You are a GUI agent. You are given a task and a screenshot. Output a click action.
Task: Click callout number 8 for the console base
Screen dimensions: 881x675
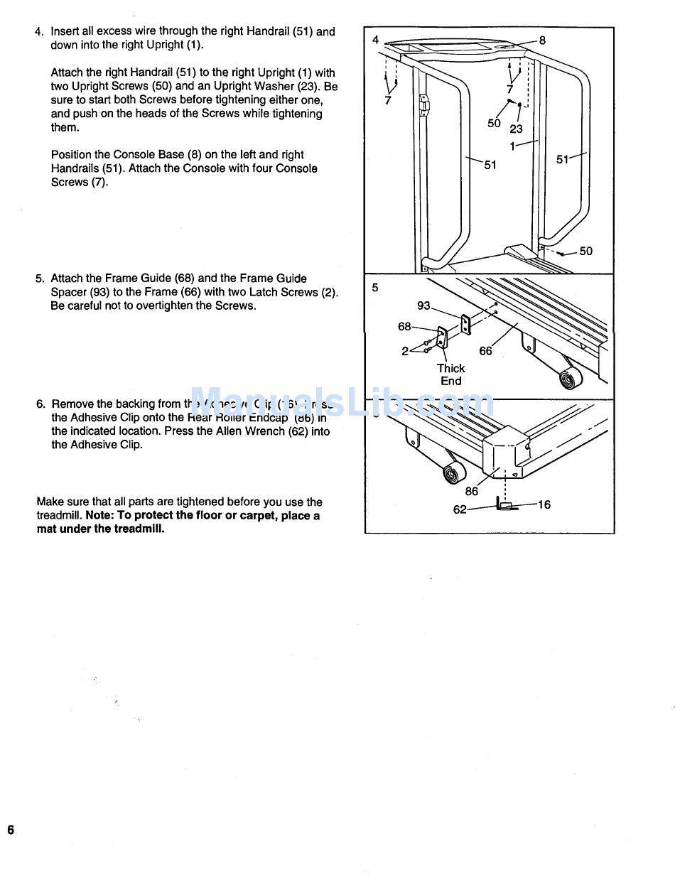click(x=542, y=40)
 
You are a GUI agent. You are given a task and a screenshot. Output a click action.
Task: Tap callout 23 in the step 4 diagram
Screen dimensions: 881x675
click(x=516, y=129)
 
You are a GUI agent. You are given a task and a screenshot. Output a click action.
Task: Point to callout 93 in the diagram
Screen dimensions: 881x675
click(x=424, y=306)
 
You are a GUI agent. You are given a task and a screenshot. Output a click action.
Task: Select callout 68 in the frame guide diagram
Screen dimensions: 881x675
click(x=404, y=327)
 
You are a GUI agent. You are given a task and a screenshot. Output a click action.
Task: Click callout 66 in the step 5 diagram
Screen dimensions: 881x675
click(x=485, y=351)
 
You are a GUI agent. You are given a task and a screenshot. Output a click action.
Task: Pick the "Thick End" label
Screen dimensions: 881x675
click(x=450, y=374)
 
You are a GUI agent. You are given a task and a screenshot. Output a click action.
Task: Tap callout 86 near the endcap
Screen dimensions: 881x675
click(x=472, y=491)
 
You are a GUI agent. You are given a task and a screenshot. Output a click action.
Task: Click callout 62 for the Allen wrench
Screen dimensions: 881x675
click(x=460, y=509)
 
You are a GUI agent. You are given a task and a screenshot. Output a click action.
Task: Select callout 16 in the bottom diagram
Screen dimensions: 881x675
click(x=544, y=504)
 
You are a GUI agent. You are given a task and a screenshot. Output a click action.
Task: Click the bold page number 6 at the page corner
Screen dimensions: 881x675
click(x=11, y=831)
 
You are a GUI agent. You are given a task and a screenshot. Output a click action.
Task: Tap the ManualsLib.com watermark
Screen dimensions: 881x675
click(x=341, y=404)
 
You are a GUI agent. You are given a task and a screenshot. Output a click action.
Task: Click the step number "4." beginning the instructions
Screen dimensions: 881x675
click(x=40, y=32)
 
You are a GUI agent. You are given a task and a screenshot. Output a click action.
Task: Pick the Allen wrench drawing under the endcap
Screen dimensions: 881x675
click(x=505, y=506)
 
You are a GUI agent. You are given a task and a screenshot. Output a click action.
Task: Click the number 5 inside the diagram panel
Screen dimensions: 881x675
click(x=375, y=288)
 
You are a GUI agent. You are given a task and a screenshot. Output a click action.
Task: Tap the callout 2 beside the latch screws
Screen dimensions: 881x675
click(x=405, y=351)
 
